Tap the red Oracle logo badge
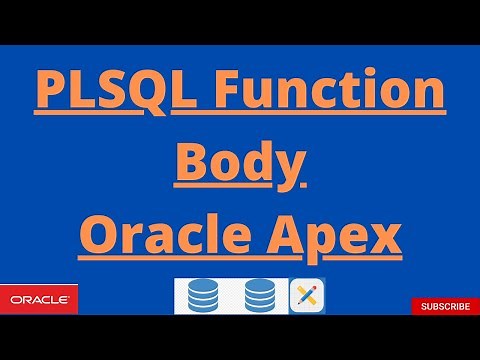coord(39,298)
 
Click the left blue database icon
coord(203,297)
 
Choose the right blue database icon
coord(260,297)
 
